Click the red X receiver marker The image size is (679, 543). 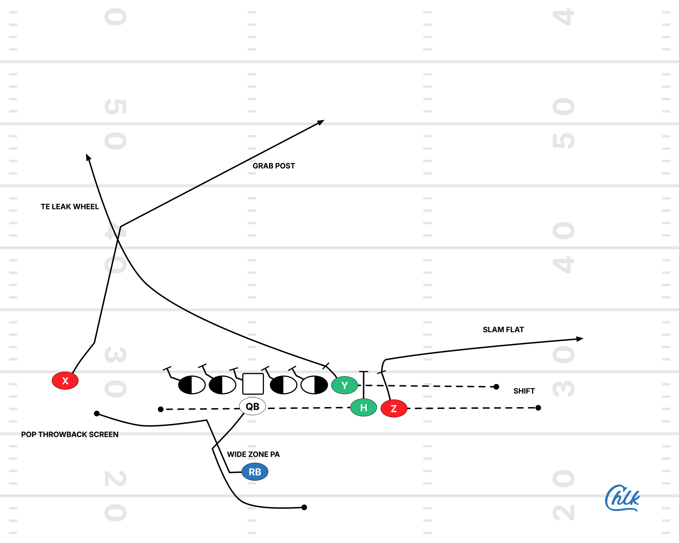(x=65, y=381)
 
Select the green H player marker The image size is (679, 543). (x=363, y=408)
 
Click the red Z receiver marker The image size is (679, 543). (x=394, y=408)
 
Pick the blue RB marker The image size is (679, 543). (x=255, y=472)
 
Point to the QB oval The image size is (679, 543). (x=252, y=407)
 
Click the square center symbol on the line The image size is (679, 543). (x=253, y=384)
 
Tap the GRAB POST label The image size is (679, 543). (x=274, y=166)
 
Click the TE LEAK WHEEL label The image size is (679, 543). (x=70, y=207)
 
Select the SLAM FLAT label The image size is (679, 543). (x=503, y=330)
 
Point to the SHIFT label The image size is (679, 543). (x=524, y=391)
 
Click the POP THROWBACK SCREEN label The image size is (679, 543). (x=70, y=435)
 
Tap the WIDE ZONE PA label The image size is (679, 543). (x=253, y=454)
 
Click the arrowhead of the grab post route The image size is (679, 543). (x=321, y=122)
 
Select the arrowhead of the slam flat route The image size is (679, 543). (x=580, y=339)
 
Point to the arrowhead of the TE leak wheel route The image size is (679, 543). (x=88, y=157)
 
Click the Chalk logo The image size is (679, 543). (x=622, y=498)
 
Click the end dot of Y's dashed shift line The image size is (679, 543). (x=496, y=387)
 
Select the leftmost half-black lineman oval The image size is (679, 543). (x=191, y=385)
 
